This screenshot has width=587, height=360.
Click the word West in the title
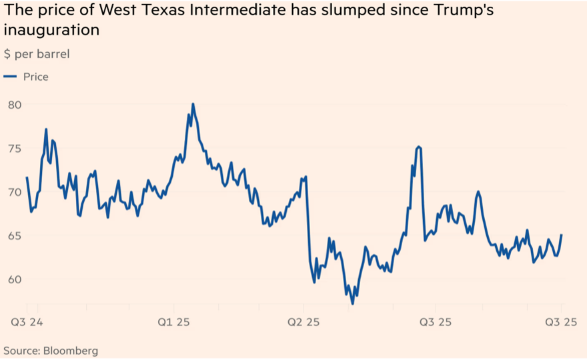[118, 11]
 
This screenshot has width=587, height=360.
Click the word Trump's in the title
[468, 11]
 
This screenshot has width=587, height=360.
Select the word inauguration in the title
[52, 31]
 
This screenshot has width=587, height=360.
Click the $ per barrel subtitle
[37, 53]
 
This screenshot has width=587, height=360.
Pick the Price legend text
[36, 77]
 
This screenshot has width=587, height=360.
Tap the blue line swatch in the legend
[10, 77]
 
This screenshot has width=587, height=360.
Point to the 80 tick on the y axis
[15, 105]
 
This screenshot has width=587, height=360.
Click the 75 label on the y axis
[15, 148]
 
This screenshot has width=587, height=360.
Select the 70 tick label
[15, 192]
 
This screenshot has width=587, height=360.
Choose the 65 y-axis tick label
[15, 235]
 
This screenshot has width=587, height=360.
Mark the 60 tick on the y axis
[15, 279]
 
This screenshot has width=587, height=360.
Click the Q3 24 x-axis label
[27, 323]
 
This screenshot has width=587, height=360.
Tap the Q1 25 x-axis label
[173, 323]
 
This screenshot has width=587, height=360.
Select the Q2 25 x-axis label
[304, 323]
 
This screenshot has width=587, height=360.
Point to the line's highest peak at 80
[193, 104]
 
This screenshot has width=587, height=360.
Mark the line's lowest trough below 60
[352, 303]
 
